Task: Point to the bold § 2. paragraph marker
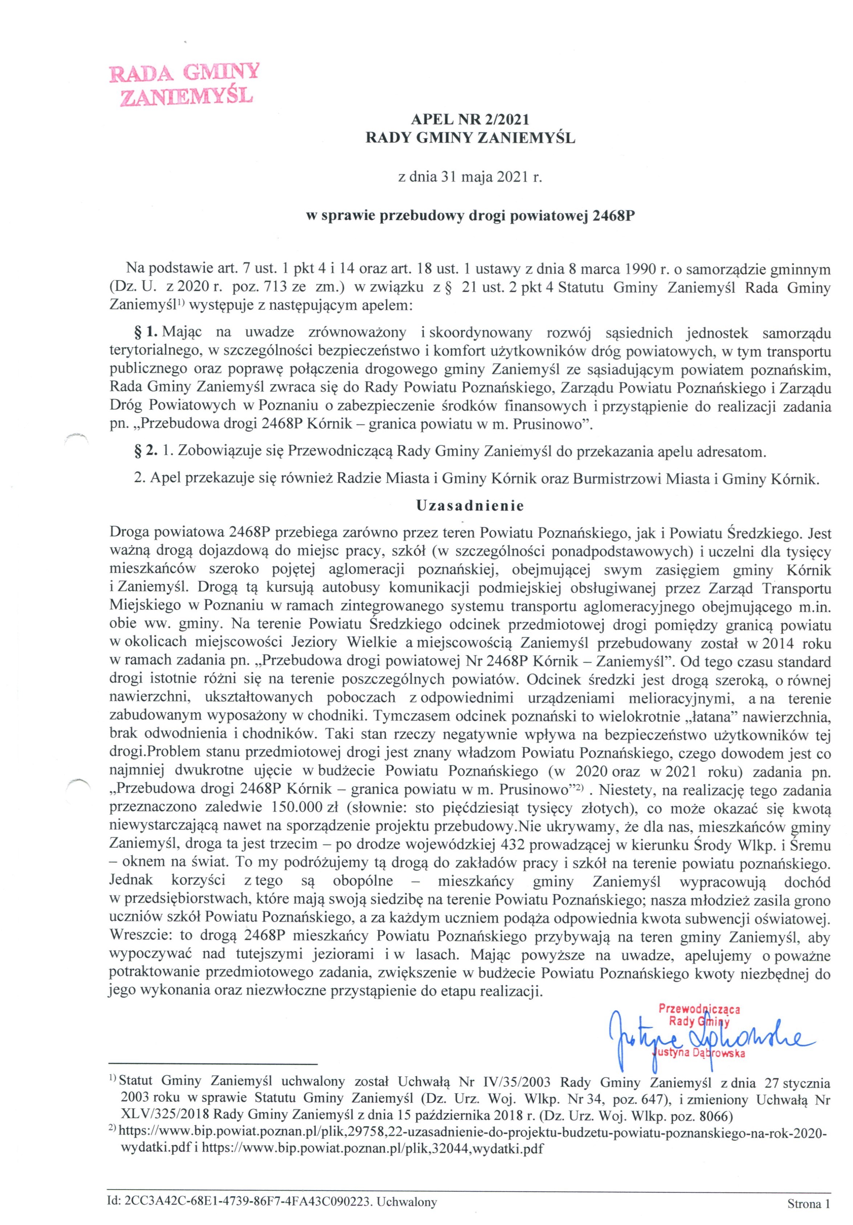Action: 146,451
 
